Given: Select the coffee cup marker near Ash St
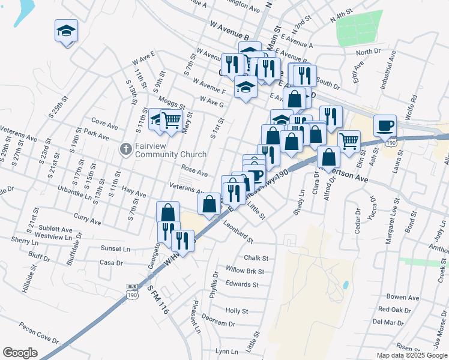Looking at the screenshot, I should click(x=385, y=126).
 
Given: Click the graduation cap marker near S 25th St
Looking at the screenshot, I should click(x=67, y=30).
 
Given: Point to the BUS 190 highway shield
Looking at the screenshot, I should click(x=131, y=290).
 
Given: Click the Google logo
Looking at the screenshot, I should click(x=20, y=353).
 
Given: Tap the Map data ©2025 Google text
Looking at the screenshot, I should click(x=412, y=355).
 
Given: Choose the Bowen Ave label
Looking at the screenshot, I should click(x=402, y=297).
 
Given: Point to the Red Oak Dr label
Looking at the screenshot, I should click(x=394, y=310).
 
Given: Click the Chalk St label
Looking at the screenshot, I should click(x=256, y=258).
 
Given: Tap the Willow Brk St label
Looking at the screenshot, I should click(x=244, y=271).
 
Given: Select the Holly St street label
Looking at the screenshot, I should click(x=237, y=311).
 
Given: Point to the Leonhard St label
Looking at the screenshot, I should click(x=238, y=233).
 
